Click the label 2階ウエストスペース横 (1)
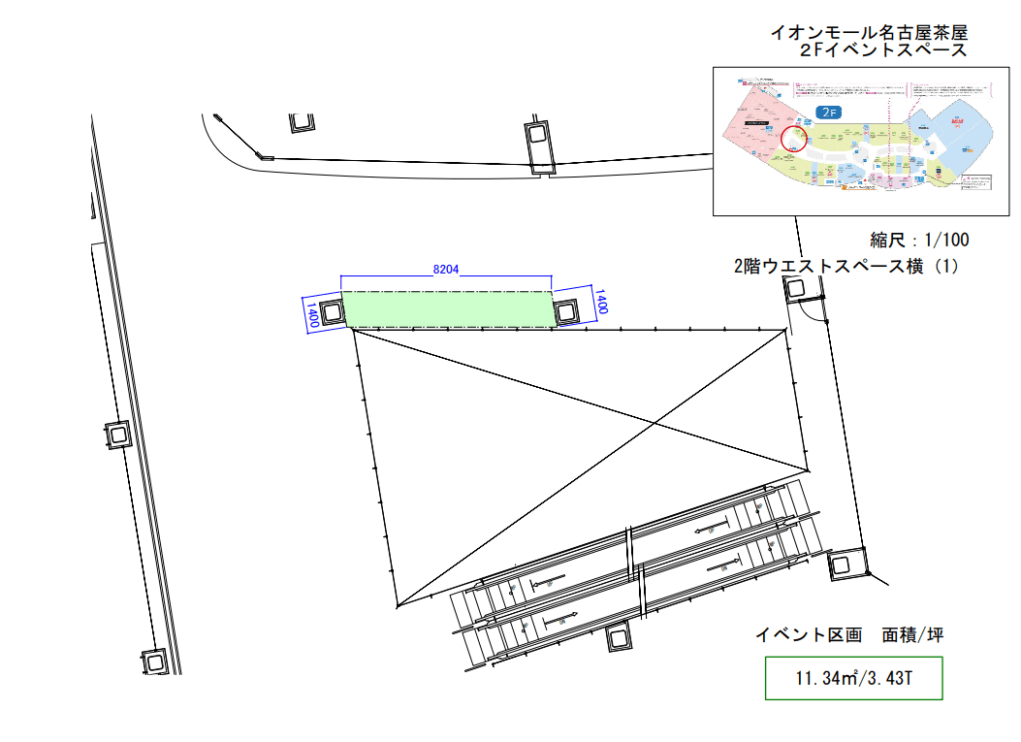click(846, 267)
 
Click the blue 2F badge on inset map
click(827, 113)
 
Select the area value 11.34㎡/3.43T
click(853, 679)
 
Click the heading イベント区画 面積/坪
click(849, 636)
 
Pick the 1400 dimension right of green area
click(601, 303)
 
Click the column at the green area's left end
click(332, 312)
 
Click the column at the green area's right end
click(566, 310)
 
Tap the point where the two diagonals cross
click(656, 425)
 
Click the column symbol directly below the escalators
click(619, 638)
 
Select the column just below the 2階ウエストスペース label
click(796, 288)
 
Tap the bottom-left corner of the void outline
click(398, 607)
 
